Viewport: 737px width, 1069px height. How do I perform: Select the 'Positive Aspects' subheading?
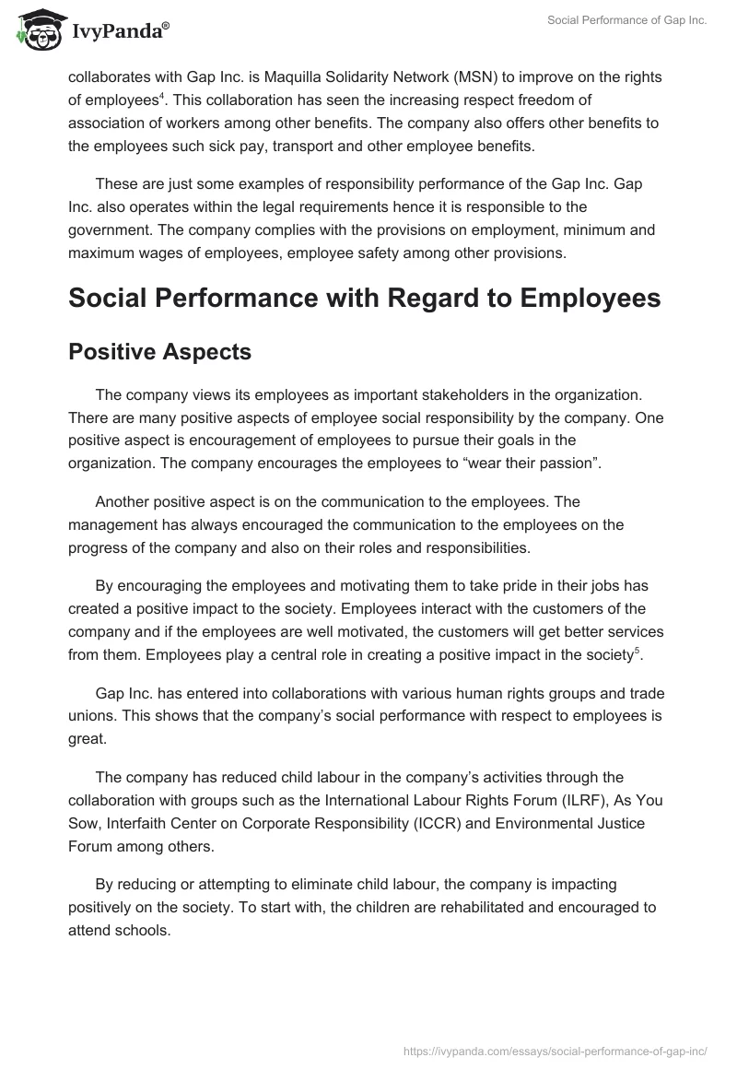[159, 351]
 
